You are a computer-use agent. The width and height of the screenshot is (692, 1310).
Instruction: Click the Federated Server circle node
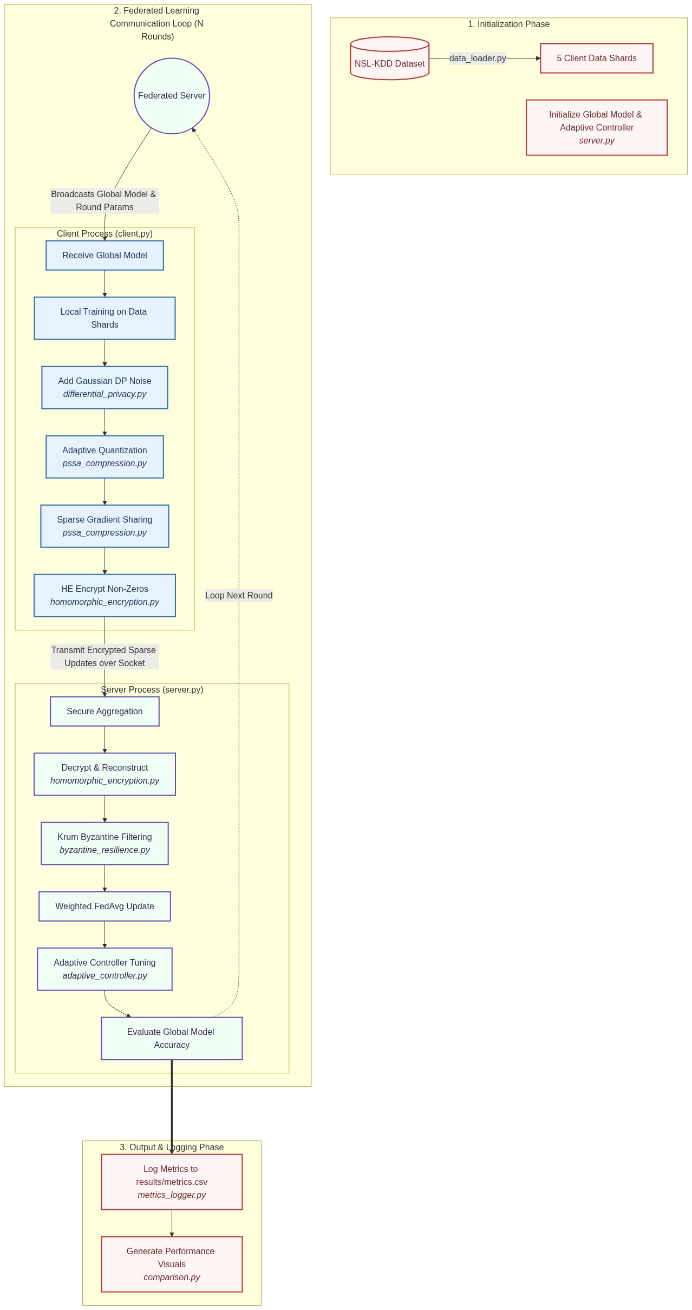point(172,96)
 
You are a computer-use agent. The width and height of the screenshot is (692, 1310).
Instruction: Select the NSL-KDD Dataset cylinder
point(389,59)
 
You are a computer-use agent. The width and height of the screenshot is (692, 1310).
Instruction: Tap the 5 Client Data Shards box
point(596,58)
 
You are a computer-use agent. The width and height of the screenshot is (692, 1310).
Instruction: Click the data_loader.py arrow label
point(477,58)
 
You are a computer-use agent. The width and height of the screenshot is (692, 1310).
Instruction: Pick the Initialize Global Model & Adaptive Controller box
point(596,128)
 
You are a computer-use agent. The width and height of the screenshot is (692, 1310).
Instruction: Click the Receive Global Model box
point(105,256)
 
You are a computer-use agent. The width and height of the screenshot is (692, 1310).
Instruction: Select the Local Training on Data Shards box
point(105,318)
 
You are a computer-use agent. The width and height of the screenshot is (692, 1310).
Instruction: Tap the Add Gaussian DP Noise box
point(105,388)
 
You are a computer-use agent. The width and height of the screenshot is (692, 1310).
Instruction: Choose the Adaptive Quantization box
point(105,457)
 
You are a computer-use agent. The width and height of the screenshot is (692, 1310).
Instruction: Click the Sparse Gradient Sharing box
point(105,526)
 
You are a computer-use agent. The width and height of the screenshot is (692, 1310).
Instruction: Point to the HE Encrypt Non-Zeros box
point(105,596)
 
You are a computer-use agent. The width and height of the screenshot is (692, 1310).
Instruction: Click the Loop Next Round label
point(239,596)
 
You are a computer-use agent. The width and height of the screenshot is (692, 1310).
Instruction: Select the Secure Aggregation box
point(105,712)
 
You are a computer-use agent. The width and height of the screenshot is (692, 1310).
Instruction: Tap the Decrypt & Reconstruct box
point(105,774)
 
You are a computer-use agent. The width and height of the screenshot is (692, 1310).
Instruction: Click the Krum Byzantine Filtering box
point(105,844)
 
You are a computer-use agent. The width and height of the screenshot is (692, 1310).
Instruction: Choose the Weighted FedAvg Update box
point(105,907)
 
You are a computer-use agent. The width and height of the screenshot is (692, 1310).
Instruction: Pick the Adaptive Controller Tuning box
point(105,969)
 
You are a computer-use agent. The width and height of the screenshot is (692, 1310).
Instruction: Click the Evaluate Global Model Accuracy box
point(172,1039)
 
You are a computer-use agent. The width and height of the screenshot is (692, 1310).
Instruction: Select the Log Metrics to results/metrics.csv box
point(172,1182)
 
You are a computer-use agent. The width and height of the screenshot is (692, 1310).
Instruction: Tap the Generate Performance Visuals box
point(172,1265)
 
